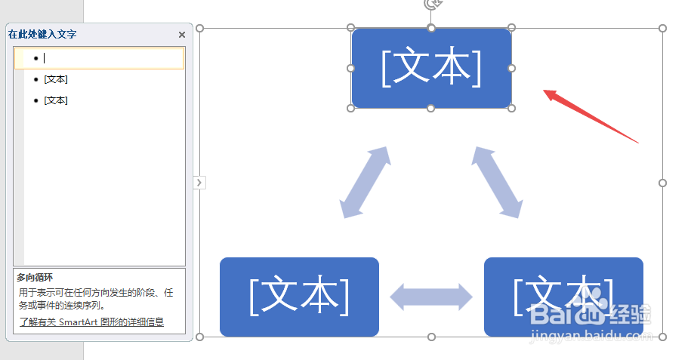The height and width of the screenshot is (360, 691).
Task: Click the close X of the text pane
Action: pyautogui.click(x=182, y=35)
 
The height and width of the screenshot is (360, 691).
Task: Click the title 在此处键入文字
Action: pyautogui.click(x=42, y=35)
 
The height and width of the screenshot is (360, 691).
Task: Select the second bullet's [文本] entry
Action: pyautogui.click(x=56, y=79)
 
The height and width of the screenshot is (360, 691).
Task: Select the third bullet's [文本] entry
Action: pyautogui.click(x=56, y=100)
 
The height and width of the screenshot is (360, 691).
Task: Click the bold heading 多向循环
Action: pyautogui.click(x=35, y=278)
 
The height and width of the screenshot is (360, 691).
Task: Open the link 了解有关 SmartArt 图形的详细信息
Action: pyautogui.click(x=91, y=322)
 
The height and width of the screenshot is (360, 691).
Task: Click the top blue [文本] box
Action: pyautogui.click(x=431, y=68)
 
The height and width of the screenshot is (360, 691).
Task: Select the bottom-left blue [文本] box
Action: pyautogui.click(x=299, y=297)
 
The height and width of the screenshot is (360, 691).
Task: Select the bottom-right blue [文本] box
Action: pyautogui.click(x=563, y=297)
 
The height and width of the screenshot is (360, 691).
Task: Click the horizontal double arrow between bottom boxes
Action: pyautogui.click(x=431, y=297)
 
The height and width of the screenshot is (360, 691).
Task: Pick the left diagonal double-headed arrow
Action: pyautogui.click(x=365, y=182)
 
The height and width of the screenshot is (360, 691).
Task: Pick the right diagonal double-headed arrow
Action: pyautogui.click(x=498, y=182)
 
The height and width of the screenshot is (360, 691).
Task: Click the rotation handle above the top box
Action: pyautogui.click(x=431, y=4)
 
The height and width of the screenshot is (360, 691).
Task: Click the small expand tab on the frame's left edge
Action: pyautogui.click(x=199, y=182)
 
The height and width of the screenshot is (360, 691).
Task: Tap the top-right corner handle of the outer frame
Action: pyautogui.click(x=662, y=29)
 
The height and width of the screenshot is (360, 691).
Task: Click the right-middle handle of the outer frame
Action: pyautogui.click(x=662, y=183)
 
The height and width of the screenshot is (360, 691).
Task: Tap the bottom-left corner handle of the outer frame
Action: pyautogui.click(x=200, y=337)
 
